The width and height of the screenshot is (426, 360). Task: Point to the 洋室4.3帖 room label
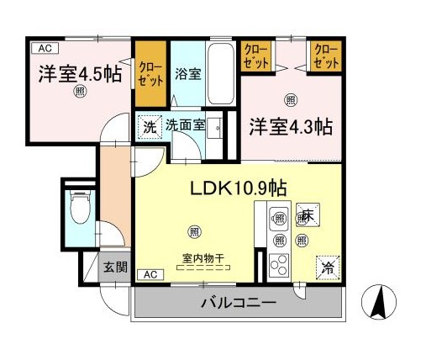[290, 127]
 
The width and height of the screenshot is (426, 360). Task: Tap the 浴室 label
[187, 74]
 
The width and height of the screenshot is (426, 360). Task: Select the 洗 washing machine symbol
[148, 128]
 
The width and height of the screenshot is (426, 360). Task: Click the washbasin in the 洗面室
[216, 128]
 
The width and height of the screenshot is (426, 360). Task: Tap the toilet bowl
[81, 211]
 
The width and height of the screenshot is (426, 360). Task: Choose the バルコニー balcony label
[238, 302]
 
